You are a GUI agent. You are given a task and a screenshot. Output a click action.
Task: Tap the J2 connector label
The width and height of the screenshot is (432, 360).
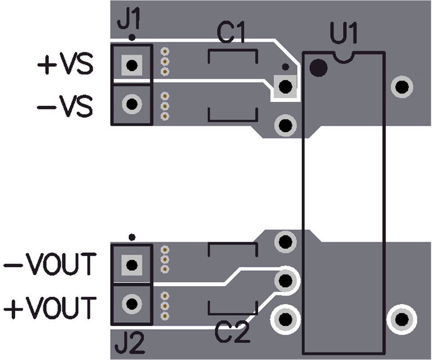pyautogui.click(x=130, y=345)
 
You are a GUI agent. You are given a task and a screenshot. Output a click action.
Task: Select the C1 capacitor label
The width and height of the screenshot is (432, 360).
pyautogui.click(x=231, y=33)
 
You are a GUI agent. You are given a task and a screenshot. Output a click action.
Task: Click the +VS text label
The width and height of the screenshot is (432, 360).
pyautogui.click(x=65, y=65)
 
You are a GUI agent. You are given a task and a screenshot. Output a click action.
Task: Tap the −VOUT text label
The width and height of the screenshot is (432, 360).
pyautogui.click(x=50, y=265)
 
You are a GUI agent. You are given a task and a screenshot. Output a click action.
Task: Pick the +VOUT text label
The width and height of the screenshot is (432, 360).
pyautogui.click(x=50, y=308)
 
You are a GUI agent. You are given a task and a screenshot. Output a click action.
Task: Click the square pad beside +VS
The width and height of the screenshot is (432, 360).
pyautogui.click(x=131, y=65)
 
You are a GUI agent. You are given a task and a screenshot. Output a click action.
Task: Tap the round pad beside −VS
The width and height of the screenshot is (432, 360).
pyautogui.click(x=132, y=104)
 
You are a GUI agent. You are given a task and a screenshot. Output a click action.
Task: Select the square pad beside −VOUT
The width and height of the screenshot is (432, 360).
pyautogui.click(x=131, y=264)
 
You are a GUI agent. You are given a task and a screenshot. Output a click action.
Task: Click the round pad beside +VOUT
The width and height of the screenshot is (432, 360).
pyautogui.click(x=132, y=304)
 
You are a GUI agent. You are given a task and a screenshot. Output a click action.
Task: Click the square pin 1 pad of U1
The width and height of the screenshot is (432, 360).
pyautogui.click(x=285, y=86)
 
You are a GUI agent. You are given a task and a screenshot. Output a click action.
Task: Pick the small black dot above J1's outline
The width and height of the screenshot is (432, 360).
pyautogui.click(x=131, y=38)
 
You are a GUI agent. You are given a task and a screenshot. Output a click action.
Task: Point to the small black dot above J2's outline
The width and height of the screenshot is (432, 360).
pyautogui.click(x=131, y=236)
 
